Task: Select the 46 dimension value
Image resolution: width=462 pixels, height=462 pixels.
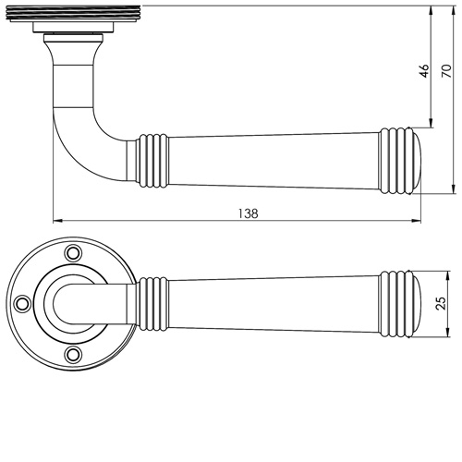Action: (424, 72)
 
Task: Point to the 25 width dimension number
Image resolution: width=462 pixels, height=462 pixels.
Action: (441, 302)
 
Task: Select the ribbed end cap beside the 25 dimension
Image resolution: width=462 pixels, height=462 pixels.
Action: (403, 301)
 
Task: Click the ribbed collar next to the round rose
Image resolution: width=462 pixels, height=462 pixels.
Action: (150, 301)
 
